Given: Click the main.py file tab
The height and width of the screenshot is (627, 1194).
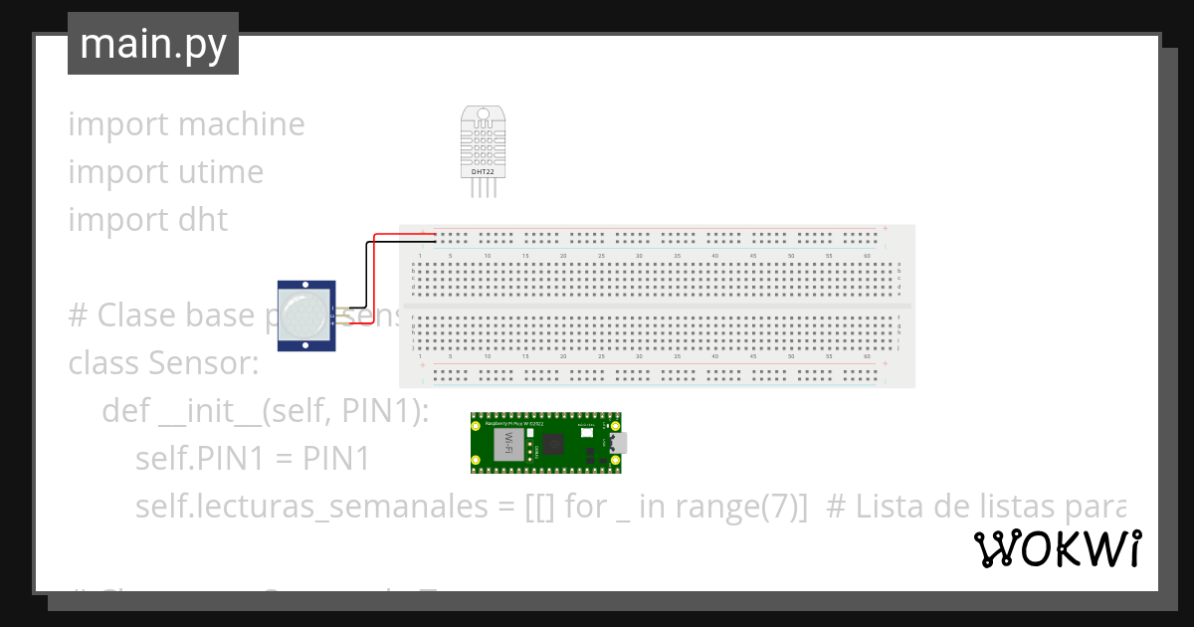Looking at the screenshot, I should (x=152, y=44).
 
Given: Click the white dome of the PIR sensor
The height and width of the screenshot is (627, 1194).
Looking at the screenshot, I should (x=302, y=313).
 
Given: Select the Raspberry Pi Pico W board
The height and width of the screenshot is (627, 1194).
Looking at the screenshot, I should (x=547, y=443).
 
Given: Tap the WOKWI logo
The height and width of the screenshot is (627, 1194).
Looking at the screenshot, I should (x=1057, y=549).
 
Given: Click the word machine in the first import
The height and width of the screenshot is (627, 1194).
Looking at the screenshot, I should (x=241, y=124).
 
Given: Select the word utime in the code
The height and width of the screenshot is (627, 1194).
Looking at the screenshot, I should (x=220, y=172).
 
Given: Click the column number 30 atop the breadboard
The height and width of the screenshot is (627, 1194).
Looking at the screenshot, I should (x=639, y=257).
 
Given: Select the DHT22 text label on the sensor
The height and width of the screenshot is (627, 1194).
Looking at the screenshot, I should (x=482, y=171).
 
